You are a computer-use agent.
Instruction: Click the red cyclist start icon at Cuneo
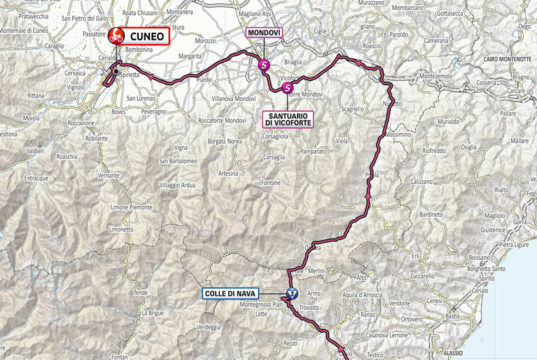pos(117,36)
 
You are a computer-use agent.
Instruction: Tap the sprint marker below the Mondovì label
pos(263,65)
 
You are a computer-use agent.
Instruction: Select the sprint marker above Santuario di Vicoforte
pos(288,89)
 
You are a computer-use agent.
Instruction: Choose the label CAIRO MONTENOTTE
pos(496,61)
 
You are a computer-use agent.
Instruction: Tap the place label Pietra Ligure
pos(514,244)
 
